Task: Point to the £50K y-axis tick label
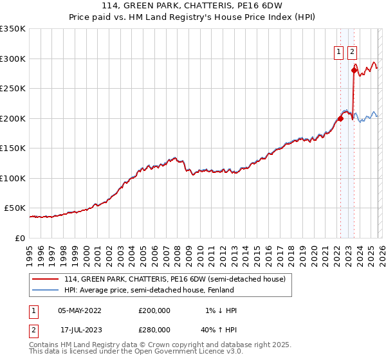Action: pyautogui.click(x=15, y=208)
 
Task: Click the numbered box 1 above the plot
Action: pyautogui.click(x=338, y=53)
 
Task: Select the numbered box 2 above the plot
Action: pyautogui.click(x=353, y=53)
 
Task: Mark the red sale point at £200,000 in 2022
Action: pyautogui.click(x=340, y=118)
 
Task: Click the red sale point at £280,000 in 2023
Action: pyautogui.click(x=354, y=71)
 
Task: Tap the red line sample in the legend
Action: pyautogui.click(x=46, y=279)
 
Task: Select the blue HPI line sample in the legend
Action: pyautogui.click(x=46, y=290)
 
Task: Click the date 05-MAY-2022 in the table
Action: pyautogui.click(x=79, y=310)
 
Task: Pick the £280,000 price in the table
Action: pyautogui.click(x=154, y=329)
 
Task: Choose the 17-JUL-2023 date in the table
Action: pyautogui.click(x=79, y=329)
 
